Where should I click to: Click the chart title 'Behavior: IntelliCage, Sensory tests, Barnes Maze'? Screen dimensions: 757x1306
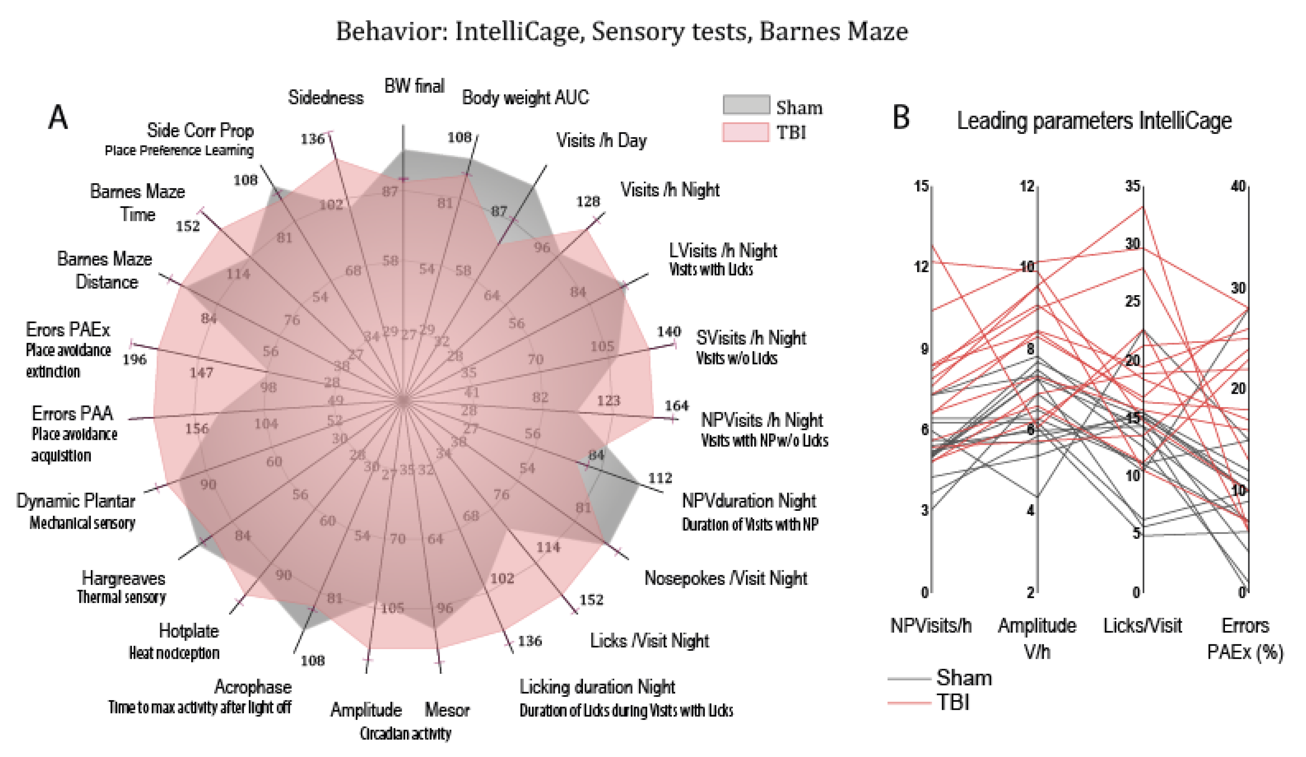pyautogui.click(x=621, y=32)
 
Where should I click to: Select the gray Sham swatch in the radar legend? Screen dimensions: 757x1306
pyautogui.click(x=746, y=105)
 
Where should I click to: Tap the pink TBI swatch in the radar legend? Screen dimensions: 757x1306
pyautogui.click(x=746, y=132)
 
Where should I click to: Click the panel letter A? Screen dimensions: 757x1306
pyautogui.click(x=58, y=118)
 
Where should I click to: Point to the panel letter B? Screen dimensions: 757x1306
pyautogui.click(x=901, y=118)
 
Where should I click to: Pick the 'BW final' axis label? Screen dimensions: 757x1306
pyautogui.click(x=414, y=86)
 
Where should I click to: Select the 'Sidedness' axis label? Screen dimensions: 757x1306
pyautogui.click(x=326, y=98)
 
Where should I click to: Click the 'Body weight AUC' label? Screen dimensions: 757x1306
pyautogui.click(x=525, y=98)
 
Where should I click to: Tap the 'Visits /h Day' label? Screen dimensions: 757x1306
pyautogui.click(x=601, y=140)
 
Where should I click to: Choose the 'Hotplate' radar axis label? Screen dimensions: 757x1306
pyautogui.click(x=189, y=631)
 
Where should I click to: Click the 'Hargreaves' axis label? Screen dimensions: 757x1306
pyautogui.click(x=124, y=578)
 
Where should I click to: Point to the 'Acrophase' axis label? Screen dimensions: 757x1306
pyautogui.click(x=253, y=687)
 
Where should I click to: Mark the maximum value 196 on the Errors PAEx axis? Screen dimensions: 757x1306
pyautogui.click(x=134, y=359)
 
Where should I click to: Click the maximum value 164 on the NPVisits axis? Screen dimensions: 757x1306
pyautogui.click(x=677, y=406)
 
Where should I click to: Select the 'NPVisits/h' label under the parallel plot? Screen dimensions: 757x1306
pyautogui.click(x=930, y=626)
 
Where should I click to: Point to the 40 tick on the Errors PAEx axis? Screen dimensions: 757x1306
pyautogui.click(x=1238, y=186)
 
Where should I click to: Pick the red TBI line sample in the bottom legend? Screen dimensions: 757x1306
pyautogui.click(x=909, y=703)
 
